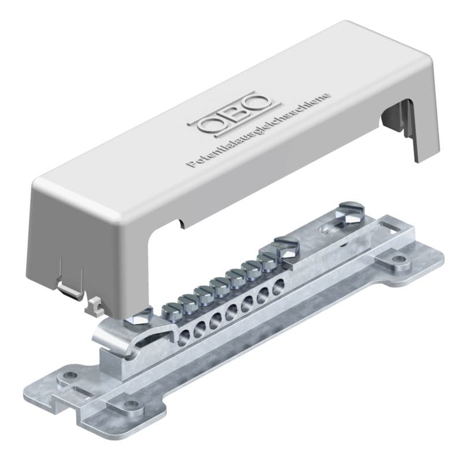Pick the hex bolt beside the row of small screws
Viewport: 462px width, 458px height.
tap(286, 247)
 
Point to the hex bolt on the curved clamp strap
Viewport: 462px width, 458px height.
tap(139, 317)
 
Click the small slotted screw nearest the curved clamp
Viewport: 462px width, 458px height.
tap(170, 310)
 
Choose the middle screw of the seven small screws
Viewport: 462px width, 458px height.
tap(219, 285)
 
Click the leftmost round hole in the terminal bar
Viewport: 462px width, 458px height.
tap(185, 336)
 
